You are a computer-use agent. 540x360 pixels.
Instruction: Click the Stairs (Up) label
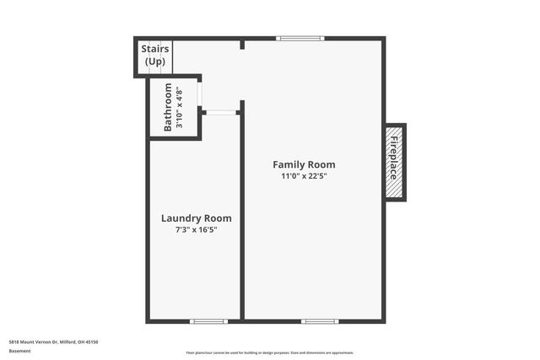[155, 55]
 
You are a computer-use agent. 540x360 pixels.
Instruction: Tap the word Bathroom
[168, 107]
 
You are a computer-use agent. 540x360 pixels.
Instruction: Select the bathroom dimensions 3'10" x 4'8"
[179, 107]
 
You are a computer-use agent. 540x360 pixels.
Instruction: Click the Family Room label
[304, 164]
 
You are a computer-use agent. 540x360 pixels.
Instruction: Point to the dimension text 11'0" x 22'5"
[304, 176]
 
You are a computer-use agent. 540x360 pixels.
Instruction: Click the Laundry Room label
[196, 218]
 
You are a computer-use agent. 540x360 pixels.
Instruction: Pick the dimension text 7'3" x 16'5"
[196, 229]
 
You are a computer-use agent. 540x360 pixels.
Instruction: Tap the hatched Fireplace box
[395, 162]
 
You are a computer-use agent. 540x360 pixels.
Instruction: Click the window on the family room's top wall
[300, 38]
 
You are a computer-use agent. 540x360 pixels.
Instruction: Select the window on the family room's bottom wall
[320, 321]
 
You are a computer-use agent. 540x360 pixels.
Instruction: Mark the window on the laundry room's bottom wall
[208, 321]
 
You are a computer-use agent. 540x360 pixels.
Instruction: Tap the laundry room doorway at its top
[220, 112]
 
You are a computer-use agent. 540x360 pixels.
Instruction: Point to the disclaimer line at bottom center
[270, 352]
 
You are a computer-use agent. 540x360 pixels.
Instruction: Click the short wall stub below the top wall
[242, 44]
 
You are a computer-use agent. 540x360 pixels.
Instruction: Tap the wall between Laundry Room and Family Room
[242, 219]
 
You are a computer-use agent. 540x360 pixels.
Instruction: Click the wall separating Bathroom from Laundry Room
[175, 139]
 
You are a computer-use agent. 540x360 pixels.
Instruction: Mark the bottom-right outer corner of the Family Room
[384, 321]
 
